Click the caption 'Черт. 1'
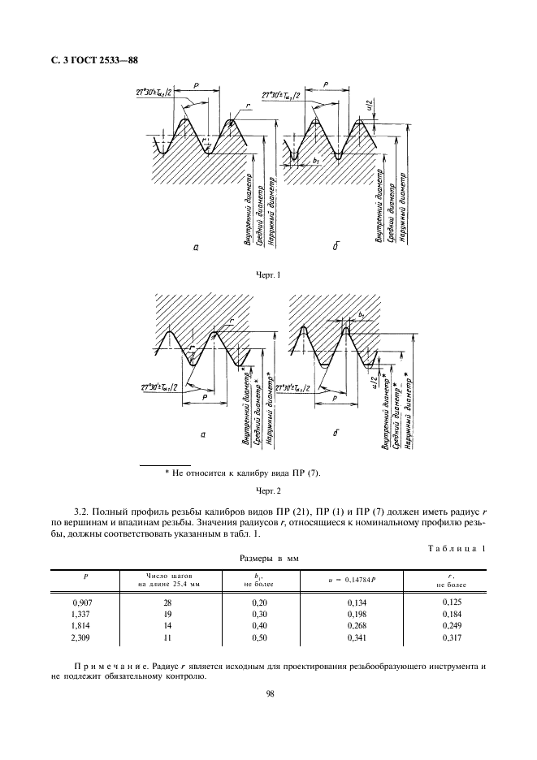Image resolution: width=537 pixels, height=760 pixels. [x=267, y=275]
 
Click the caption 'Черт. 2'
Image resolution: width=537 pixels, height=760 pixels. [x=267, y=491]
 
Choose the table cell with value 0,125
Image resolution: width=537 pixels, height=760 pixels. [x=453, y=602]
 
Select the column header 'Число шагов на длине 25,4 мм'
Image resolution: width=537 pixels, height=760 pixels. [x=171, y=580]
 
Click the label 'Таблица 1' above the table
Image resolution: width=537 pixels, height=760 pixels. [x=456, y=549]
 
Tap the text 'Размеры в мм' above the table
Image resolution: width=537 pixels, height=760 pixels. [x=268, y=560]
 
